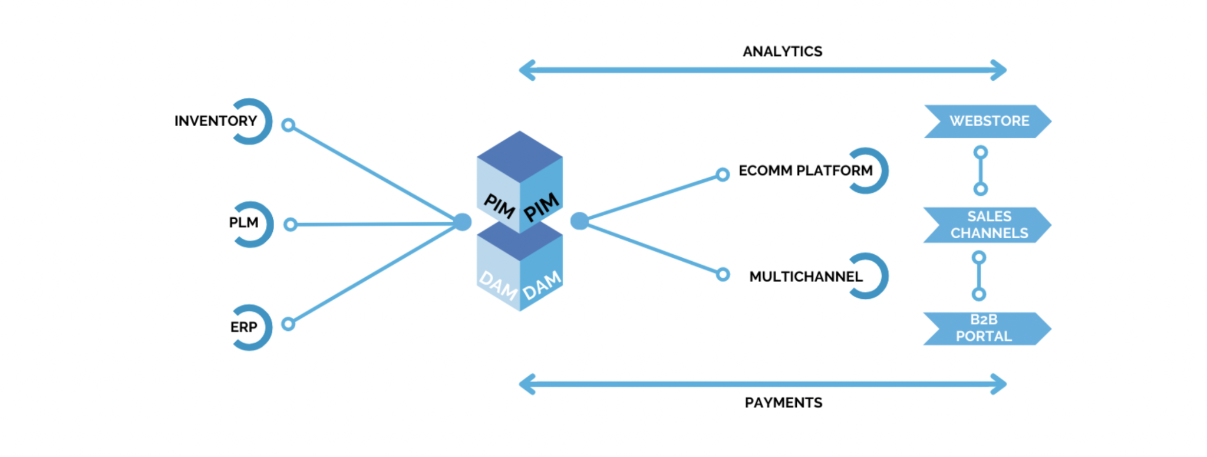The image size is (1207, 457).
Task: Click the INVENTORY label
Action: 216,121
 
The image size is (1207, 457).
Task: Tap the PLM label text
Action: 243,223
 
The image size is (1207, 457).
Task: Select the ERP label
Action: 243,327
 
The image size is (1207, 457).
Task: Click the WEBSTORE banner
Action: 988,121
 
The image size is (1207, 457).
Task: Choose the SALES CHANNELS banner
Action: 988,225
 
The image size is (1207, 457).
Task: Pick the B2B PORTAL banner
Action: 984,328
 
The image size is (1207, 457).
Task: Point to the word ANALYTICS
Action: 782,52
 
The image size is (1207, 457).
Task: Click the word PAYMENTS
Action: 783,403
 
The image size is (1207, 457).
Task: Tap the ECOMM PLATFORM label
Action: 805,171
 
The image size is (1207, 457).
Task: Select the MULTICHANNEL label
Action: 805,277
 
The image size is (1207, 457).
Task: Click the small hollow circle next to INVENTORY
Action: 288,125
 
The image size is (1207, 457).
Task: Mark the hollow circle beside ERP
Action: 288,324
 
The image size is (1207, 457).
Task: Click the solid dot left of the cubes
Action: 463,222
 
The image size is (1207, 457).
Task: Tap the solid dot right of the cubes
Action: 579,221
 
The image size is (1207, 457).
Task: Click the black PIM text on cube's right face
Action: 541,207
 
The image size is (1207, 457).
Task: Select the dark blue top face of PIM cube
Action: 519,156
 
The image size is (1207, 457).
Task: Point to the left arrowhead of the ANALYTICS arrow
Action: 526,70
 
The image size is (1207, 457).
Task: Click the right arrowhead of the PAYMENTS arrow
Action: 1000,384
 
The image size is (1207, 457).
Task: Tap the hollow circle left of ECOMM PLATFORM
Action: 723,175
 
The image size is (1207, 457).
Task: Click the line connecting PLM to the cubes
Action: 377,224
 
